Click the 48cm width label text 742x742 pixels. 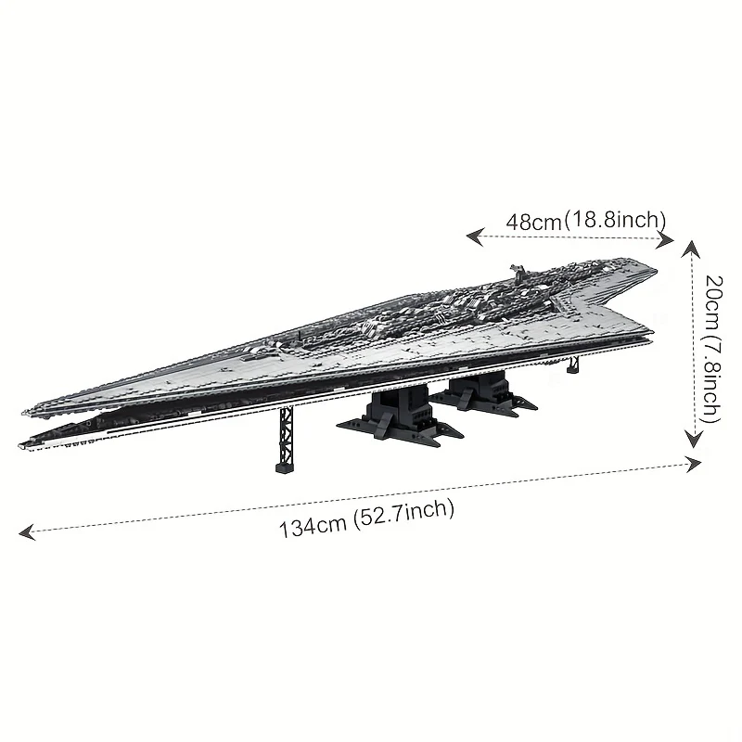[x=586, y=221]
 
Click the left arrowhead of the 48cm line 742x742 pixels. [x=475, y=237]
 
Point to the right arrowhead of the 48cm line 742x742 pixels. [x=664, y=240]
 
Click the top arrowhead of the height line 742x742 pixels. [x=690, y=249]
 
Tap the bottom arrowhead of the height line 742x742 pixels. [x=694, y=439]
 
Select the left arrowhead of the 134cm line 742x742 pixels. [x=27, y=531]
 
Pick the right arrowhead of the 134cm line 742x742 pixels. [x=692, y=464]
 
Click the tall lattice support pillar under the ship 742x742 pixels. [x=285, y=439]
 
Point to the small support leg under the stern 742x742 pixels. [x=573, y=364]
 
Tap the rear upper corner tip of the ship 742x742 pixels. [x=655, y=270]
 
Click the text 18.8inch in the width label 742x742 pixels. [x=615, y=220]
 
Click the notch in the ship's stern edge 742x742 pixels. [x=577, y=303]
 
